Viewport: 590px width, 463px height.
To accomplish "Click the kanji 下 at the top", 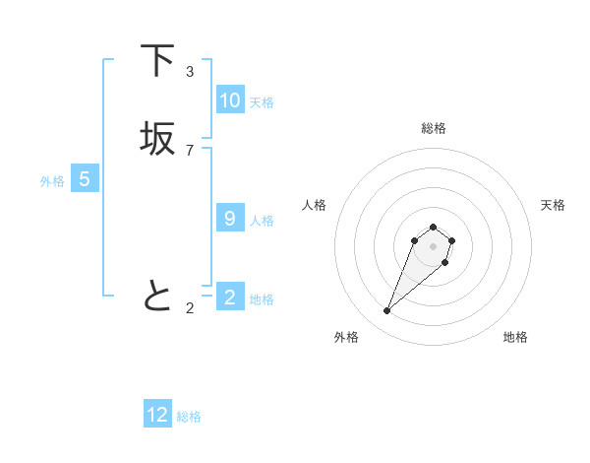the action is coord(158,61).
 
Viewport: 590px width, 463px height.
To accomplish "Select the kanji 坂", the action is coord(158,139).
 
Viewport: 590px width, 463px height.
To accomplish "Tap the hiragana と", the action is coord(158,296).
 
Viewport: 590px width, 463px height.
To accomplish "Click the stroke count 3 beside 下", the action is coord(190,71).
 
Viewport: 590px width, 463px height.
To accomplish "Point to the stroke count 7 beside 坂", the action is coord(190,150).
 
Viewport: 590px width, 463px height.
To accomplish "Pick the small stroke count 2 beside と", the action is coord(190,308).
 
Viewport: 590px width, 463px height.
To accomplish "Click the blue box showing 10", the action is coord(229,100).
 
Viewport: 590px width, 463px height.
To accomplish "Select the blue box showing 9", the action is coord(229,219).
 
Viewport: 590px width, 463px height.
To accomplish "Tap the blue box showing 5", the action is coord(85,179).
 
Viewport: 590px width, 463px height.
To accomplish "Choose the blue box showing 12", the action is coord(157,415).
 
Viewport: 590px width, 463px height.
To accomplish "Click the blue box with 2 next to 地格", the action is coord(229,298).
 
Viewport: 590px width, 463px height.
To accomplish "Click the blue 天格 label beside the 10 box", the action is coord(262,102).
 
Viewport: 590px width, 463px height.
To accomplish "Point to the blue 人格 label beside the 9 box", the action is coord(262,221).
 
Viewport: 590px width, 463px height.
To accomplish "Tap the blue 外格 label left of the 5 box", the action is coord(52,181).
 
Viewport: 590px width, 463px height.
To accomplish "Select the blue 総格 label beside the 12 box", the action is coord(189,417).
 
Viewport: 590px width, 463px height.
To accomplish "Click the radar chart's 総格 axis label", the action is coord(434,128).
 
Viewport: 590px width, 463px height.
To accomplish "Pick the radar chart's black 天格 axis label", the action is coord(553,205).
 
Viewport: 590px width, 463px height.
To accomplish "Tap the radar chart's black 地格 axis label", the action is coord(515,337).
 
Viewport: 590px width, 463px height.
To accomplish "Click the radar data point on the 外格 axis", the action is coord(387,311).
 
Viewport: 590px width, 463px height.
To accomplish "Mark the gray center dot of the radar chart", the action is coord(433,246).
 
